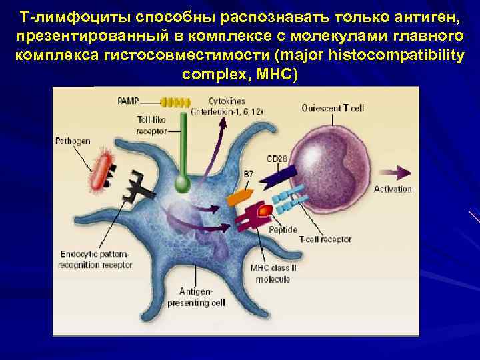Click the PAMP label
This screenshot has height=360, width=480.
pyautogui.click(x=128, y=101)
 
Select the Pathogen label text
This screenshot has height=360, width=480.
pyautogui.click(x=73, y=141)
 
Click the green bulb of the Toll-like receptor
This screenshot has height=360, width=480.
pyautogui.click(x=182, y=182)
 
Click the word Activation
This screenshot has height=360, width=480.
pyautogui.click(x=393, y=189)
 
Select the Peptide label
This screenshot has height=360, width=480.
pyautogui.click(x=283, y=229)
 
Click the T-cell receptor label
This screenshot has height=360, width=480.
pyautogui.click(x=325, y=239)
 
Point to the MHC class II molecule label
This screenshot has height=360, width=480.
pyautogui.click(x=270, y=274)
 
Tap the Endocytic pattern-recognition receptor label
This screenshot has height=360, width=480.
pyautogui.click(x=97, y=259)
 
